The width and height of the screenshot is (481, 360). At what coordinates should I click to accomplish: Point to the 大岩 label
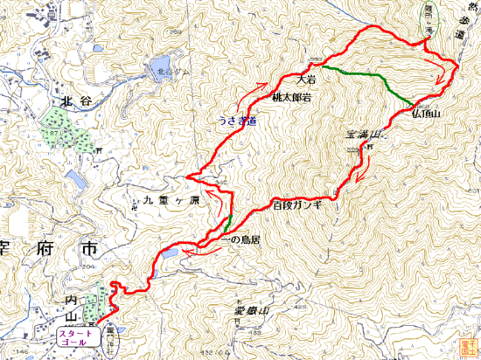(x=306, y=79)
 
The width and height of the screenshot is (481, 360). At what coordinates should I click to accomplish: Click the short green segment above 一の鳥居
(x=227, y=221)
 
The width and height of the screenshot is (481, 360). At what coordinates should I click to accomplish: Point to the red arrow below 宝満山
(x=363, y=177)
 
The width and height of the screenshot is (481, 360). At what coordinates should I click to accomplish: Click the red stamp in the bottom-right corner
(x=468, y=349)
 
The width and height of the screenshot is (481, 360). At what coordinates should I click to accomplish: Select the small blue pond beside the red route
(x=170, y=253)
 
